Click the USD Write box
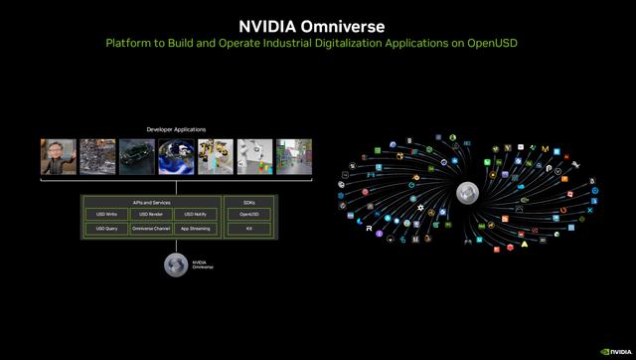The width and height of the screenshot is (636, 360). tap(106, 214)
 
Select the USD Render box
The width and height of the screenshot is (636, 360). tap(150, 214)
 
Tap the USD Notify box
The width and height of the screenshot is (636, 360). tap(195, 214)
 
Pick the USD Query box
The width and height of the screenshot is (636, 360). tap(106, 229)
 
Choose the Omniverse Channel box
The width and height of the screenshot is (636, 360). tap(150, 229)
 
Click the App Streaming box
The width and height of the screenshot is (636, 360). tap(195, 229)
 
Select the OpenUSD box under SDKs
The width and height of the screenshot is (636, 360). tap(248, 214)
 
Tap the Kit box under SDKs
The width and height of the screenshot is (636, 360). tap(248, 229)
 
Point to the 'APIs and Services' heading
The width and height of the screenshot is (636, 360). tap(150, 202)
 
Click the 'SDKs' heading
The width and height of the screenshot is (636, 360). tap(248, 202)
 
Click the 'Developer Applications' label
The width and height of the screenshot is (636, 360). tap(176, 130)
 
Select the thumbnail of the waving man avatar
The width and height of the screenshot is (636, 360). tap(58, 156)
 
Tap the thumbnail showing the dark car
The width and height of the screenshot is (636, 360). tap(136, 156)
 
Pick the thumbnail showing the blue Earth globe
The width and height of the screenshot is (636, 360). tap(176, 156)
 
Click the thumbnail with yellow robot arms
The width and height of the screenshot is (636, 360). tap(216, 156)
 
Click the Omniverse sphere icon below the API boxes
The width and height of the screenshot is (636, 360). tap(175, 265)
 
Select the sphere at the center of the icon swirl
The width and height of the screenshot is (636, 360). tap(467, 192)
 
